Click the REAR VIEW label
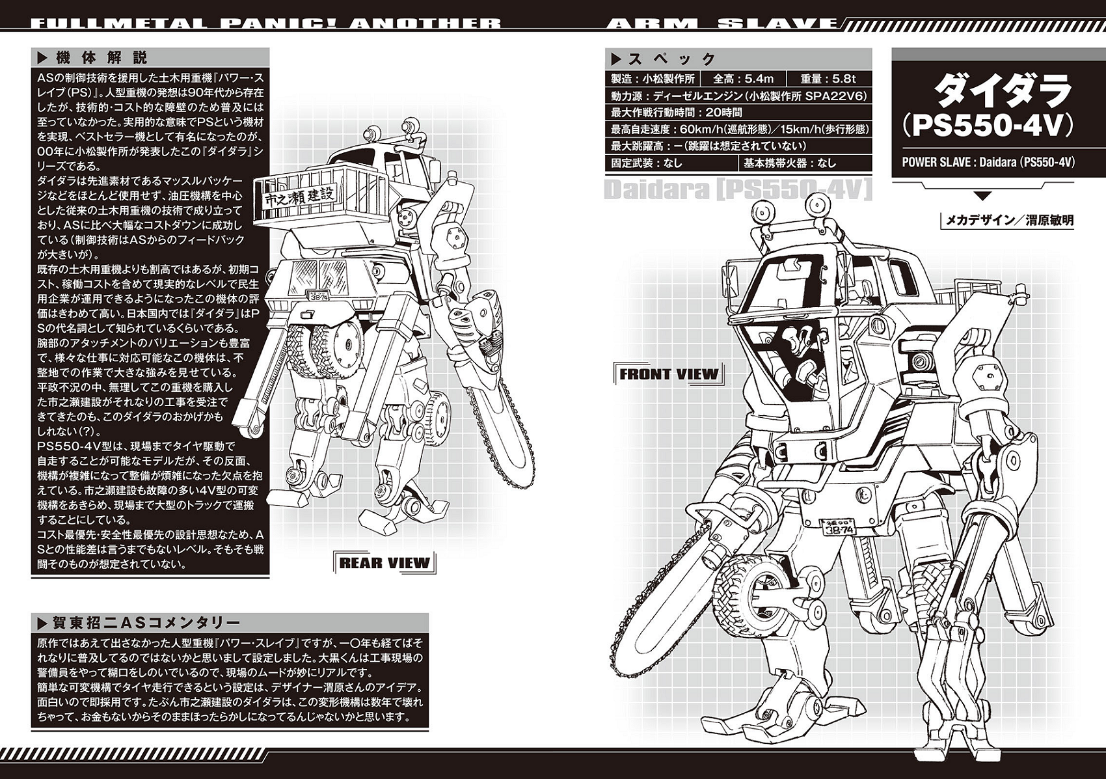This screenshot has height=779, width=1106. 384,563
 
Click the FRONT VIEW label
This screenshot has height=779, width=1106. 669,374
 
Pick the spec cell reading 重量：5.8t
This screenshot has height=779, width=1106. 828,79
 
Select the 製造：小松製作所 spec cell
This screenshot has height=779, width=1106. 653,79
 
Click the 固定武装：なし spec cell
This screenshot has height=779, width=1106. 647,163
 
